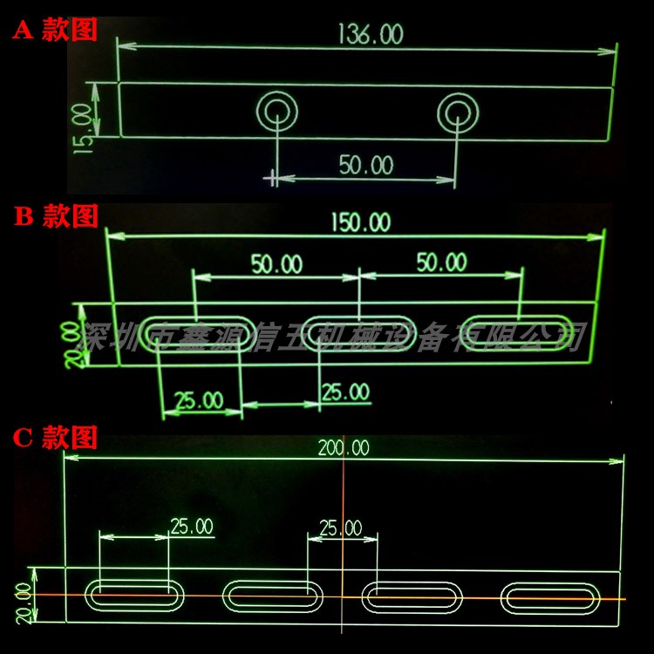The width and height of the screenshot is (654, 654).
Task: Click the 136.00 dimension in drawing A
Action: tap(369, 35)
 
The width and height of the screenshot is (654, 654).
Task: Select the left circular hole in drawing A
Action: tap(277, 112)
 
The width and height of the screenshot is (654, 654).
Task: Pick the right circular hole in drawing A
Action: tap(458, 112)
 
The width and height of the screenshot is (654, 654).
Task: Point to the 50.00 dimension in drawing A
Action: tap(366, 165)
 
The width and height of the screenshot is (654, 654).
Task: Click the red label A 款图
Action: tap(54, 31)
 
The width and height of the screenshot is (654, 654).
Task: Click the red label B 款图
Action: tap(58, 216)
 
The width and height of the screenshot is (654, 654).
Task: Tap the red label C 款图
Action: tap(58, 436)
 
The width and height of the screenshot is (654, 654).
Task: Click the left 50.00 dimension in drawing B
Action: tap(276, 262)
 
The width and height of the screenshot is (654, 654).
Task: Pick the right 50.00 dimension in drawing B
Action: tap(440, 262)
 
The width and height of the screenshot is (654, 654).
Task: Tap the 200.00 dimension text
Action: tap(343, 448)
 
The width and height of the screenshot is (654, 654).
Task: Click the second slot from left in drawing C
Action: tap(273, 598)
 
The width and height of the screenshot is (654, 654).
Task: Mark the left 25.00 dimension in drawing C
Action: tap(191, 527)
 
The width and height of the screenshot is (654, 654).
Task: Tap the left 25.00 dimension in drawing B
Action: tap(197, 401)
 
